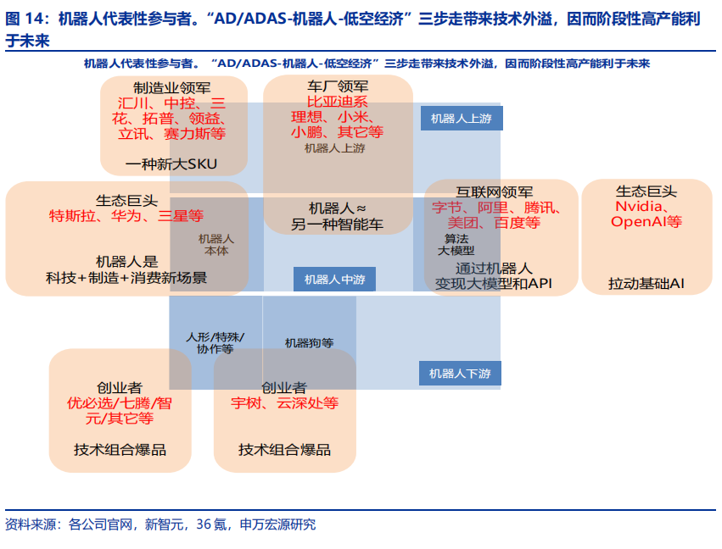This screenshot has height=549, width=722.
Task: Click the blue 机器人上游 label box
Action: pos(461,119)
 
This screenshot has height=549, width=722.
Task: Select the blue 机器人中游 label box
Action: pos(334,280)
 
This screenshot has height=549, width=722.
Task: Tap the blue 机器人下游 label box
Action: pos(460,373)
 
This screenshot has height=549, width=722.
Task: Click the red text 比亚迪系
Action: pos(337,102)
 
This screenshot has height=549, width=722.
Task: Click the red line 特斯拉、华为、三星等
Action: pos(126,216)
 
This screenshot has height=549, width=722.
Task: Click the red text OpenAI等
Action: pos(646,222)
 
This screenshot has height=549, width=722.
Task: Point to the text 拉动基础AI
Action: pos(646,284)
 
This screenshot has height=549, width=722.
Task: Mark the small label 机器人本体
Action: pos(215,245)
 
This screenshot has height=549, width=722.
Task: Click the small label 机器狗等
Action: pos(309,343)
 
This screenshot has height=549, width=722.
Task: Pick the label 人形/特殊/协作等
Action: pos(215,342)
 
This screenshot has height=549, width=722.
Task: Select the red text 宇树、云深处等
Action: pos(284,403)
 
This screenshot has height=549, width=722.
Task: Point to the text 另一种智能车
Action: pos(337,225)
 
